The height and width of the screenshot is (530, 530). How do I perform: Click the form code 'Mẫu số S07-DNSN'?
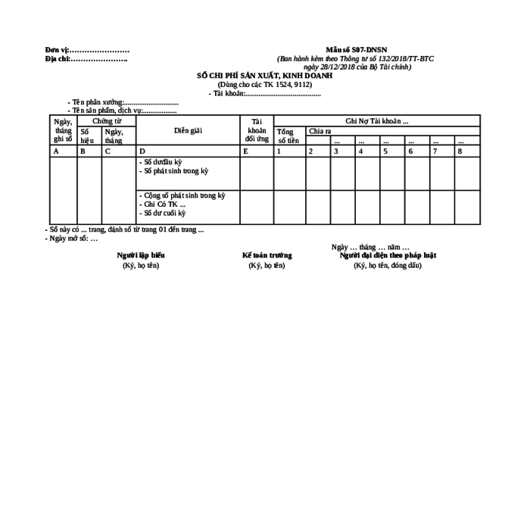(356, 50)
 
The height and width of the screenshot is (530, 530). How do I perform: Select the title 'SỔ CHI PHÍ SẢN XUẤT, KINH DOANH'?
(264, 76)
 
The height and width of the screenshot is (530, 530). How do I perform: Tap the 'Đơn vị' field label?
(57, 50)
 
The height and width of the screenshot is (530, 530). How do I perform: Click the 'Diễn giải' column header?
(188, 130)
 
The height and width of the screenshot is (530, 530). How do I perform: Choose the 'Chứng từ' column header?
(107, 121)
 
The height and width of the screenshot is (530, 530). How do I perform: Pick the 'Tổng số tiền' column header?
(288, 136)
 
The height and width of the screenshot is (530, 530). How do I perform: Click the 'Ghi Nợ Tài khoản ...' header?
(376, 121)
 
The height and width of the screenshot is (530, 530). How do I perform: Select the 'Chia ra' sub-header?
(320, 131)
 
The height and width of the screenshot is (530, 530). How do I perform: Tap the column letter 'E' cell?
(245, 151)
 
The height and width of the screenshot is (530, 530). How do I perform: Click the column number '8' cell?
(460, 151)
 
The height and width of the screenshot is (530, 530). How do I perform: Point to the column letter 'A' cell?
(55, 151)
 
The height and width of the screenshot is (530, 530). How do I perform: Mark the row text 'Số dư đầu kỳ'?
(162, 163)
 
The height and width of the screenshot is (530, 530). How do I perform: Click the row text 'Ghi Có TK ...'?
(164, 204)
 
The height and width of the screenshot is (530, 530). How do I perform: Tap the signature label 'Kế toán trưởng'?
(267, 255)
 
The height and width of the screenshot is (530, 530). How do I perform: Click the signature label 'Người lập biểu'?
(141, 255)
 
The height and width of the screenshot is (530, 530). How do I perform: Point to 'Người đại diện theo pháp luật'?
(388, 255)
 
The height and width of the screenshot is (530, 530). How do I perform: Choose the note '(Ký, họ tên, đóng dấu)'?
(388, 266)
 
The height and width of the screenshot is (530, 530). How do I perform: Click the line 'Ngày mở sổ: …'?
(72, 238)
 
